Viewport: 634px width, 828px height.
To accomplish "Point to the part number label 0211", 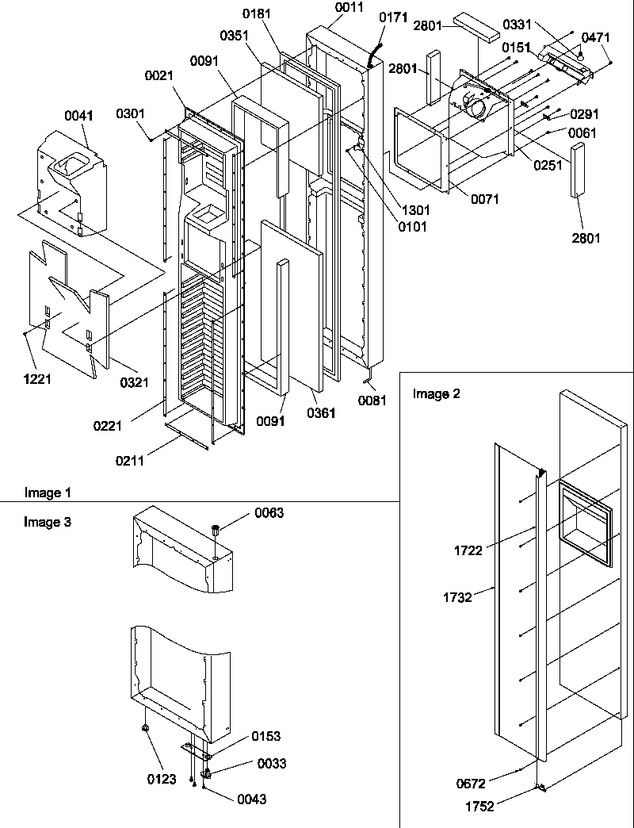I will [130, 460].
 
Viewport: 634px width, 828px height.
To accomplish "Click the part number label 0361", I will [321, 412].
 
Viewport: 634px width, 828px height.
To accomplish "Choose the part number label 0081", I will [372, 400].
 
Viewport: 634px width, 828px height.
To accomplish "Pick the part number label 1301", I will [415, 211].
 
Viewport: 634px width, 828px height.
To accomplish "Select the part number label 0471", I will [596, 37].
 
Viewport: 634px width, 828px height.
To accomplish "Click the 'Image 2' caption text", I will [435, 393].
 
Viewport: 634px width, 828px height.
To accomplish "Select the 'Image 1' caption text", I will [47, 493].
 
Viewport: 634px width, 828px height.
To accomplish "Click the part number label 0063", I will [269, 513].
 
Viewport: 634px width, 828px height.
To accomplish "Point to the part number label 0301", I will [130, 113].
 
